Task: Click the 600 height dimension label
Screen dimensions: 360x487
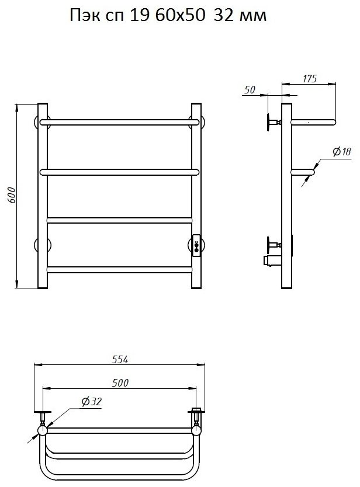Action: (11, 195)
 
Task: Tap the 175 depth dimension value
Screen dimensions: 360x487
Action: (310, 79)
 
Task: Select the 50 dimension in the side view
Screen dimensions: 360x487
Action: (250, 90)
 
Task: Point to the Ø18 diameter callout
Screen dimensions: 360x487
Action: (342, 152)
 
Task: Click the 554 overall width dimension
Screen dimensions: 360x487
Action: (120, 359)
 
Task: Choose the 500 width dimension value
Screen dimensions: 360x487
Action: (120, 382)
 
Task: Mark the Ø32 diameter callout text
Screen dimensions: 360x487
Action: (91, 402)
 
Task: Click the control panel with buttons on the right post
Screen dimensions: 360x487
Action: (197, 245)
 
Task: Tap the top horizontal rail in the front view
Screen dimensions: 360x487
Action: (119, 122)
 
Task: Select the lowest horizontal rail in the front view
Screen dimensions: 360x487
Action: (120, 270)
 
